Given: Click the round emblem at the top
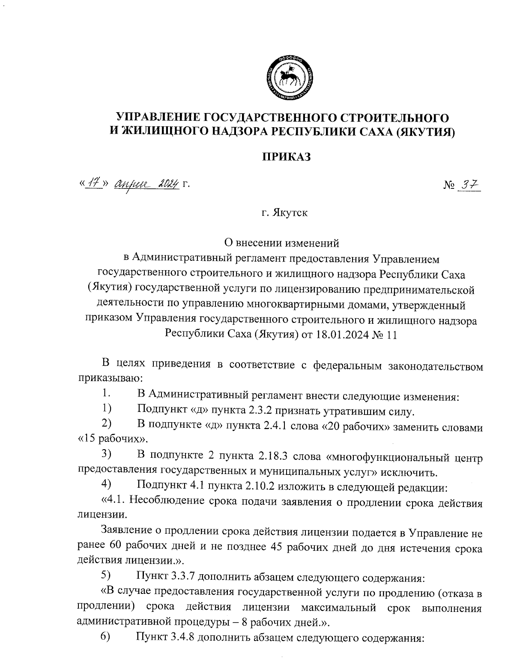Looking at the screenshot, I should (289, 78).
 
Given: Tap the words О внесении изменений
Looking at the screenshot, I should (282, 243).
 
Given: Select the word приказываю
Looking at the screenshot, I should (107, 379).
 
